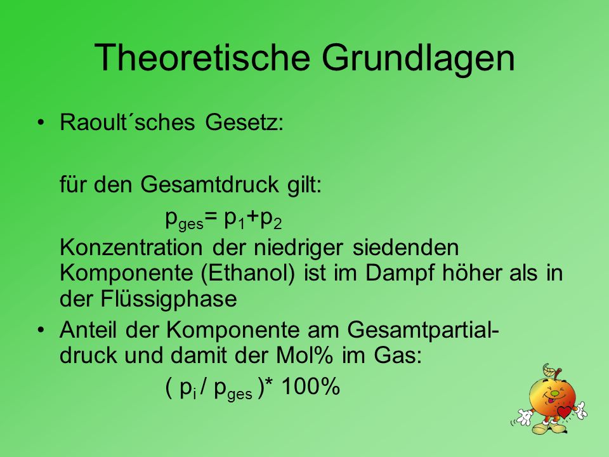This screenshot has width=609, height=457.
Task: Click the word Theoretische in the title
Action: pyautogui.click(x=202, y=58)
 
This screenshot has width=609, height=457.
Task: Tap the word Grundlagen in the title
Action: pyautogui.click(x=418, y=58)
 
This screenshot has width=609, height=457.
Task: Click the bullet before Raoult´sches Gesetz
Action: pyautogui.click(x=41, y=123)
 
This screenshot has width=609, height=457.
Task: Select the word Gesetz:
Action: pyautogui.click(x=244, y=123)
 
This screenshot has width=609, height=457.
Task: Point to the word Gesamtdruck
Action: pyautogui.click(x=210, y=184)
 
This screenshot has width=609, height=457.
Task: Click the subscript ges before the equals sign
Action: pyautogui.click(x=191, y=224)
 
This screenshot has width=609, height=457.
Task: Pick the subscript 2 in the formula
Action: pyautogui.click(x=277, y=224)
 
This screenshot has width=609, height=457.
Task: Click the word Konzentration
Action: pyautogui.click(x=131, y=247)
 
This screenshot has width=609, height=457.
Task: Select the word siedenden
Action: pyautogui.click(x=405, y=247)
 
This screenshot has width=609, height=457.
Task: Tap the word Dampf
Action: pyautogui.click(x=399, y=274)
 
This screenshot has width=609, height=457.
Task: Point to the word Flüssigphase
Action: pyautogui.click(x=169, y=299)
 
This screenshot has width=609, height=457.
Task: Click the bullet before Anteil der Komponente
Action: pyautogui.click(x=41, y=330)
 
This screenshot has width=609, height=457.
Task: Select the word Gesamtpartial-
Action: pyautogui.click(x=423, y=331)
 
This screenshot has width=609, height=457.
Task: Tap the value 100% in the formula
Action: pyautogui.click(x=310, y=387)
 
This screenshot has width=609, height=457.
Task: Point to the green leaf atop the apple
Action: pyautogui.click(x=549, y=369)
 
